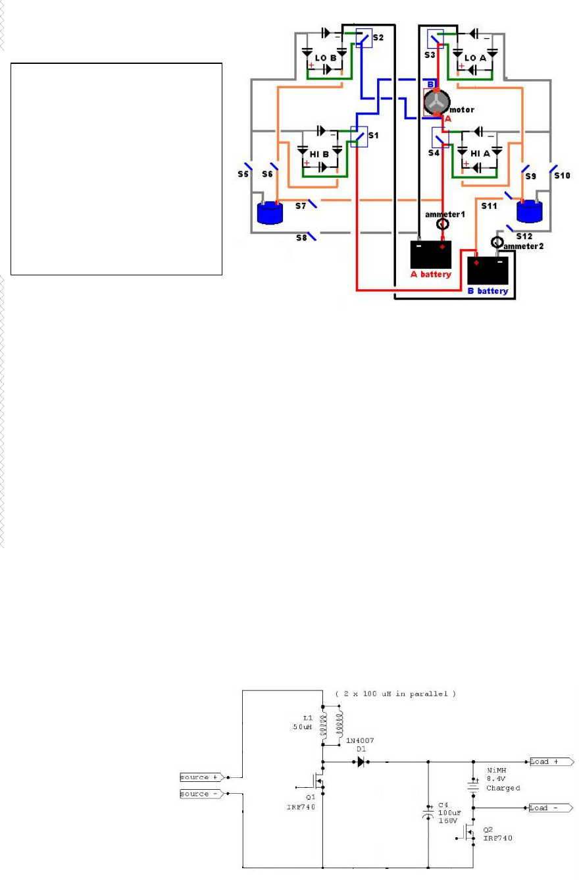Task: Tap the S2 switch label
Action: [377, 38]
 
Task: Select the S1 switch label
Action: [374, 135]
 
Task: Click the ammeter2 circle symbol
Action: [497, 243]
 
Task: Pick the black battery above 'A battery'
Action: [430, 254]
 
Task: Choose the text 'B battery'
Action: [488, 290]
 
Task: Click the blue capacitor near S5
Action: [268, 213]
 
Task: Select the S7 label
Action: [302, 207]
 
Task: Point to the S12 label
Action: [524, 236]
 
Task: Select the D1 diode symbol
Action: [361, 761]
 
